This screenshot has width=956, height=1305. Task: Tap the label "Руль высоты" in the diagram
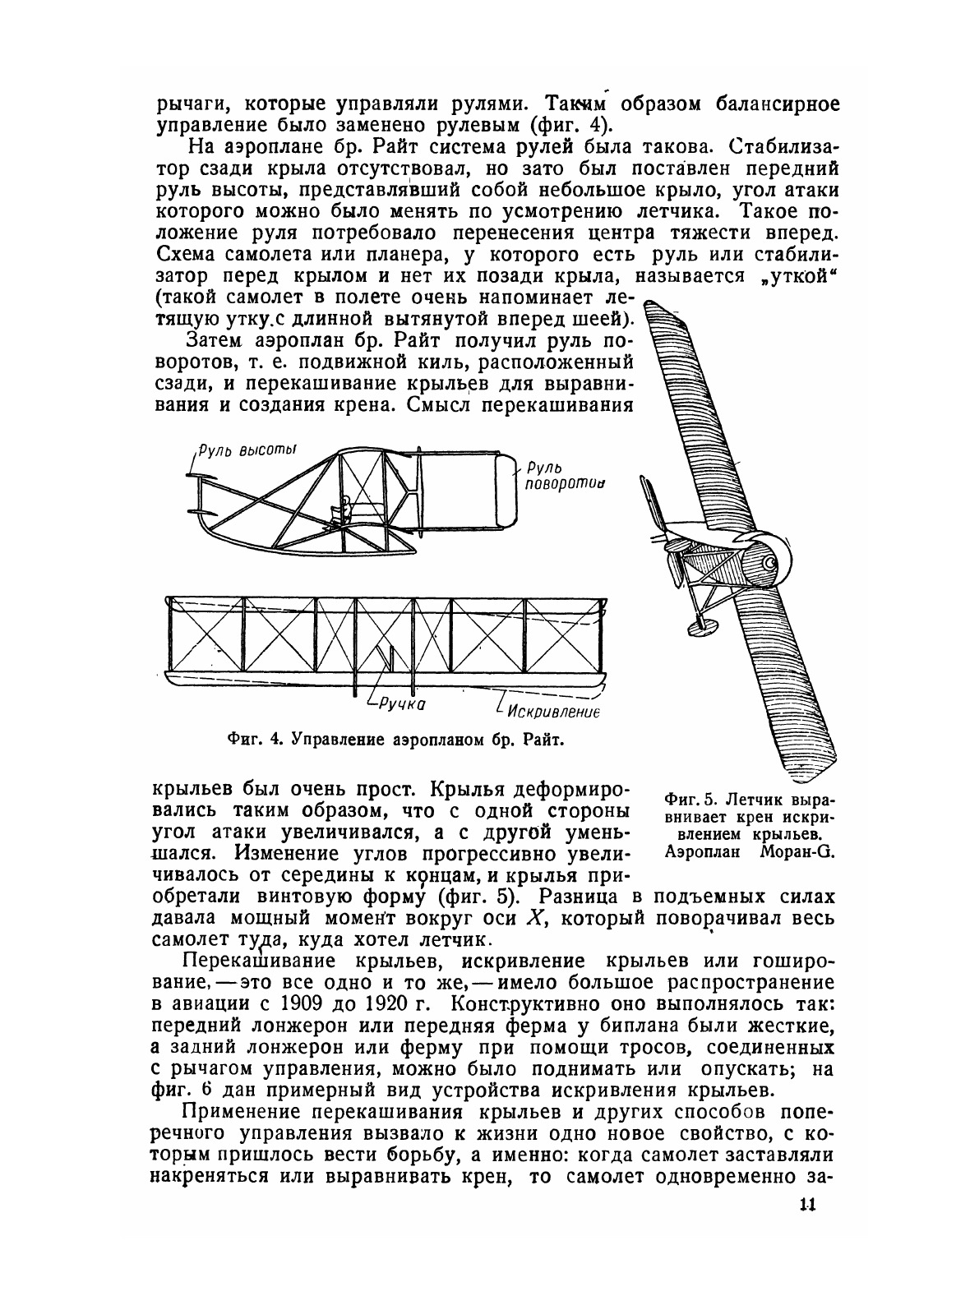coord(247,450)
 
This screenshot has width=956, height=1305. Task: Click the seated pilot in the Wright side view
coord(346,509)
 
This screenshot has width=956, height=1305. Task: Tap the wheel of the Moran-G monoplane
coord(700,626)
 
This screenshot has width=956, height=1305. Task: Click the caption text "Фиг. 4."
coord(256,738)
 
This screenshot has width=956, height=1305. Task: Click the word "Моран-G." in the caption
coord(794,851)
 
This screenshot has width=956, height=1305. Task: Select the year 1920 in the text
coord(376,1003)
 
